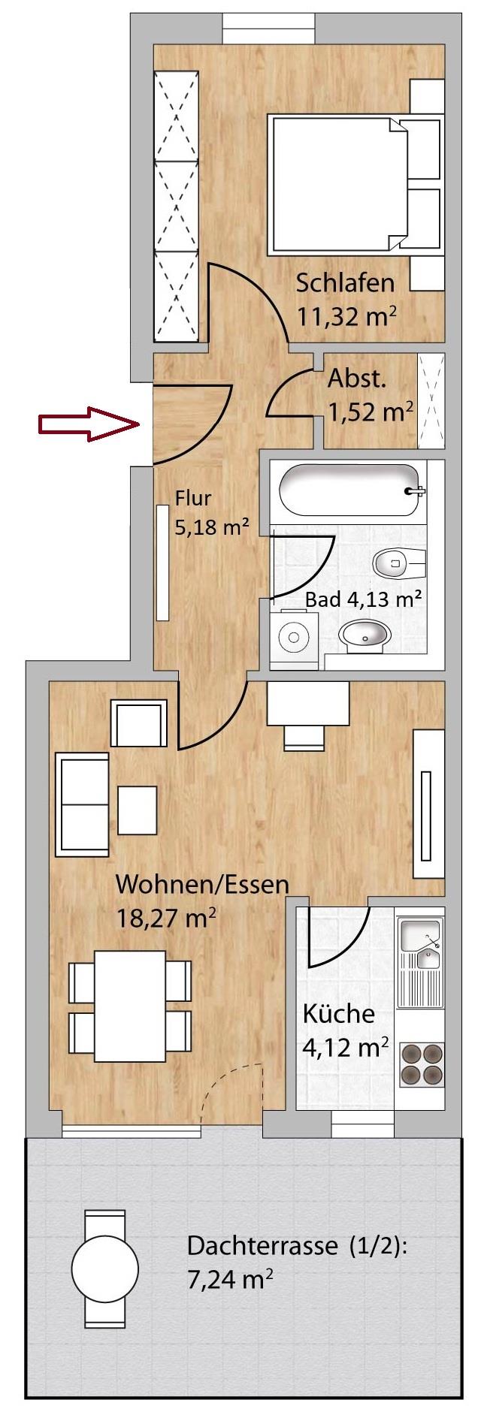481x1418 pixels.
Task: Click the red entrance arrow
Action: click(89, 424)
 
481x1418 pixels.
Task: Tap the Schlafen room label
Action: click(345, 283)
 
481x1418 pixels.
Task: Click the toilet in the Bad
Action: click(399, 561)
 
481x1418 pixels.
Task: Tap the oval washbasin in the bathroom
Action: click(365, 635)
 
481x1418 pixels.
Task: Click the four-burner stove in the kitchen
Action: click(422, 1063)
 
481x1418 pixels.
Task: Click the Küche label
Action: click(338, 1014)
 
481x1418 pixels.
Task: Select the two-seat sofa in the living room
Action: click(82, 806)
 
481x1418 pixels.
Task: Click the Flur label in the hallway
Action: click(193, 498)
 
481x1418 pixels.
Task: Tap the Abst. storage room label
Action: click(357, 379)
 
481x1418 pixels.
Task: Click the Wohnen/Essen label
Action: click(202, 884)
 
